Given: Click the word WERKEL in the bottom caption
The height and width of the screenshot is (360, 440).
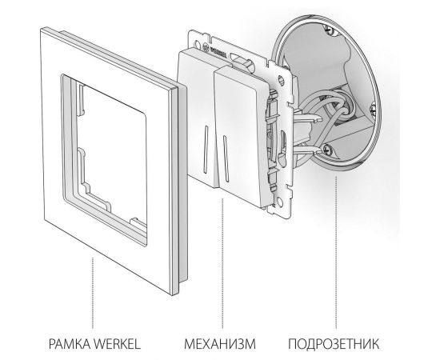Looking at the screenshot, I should coord(121,345).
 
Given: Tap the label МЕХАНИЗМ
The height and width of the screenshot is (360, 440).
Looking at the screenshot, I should coord(221,345).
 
